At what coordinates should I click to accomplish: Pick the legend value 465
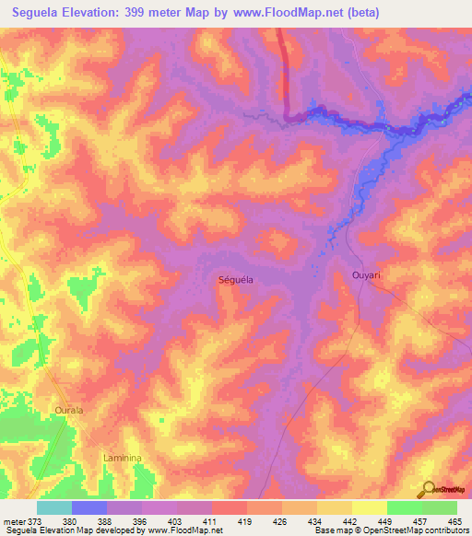(x=454, y=520)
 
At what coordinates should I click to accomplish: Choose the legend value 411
(x=211, y=520)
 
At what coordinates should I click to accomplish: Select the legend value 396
(x=141, y=520)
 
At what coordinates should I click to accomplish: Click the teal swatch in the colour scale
(x=54, y=507)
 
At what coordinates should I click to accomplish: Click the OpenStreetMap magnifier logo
(x=428, y=489)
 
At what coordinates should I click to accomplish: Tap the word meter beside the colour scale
(x=13, y=520)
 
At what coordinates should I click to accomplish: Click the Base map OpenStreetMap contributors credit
(x=392, y=530)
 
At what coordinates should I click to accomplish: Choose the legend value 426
(x=281, y=520)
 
